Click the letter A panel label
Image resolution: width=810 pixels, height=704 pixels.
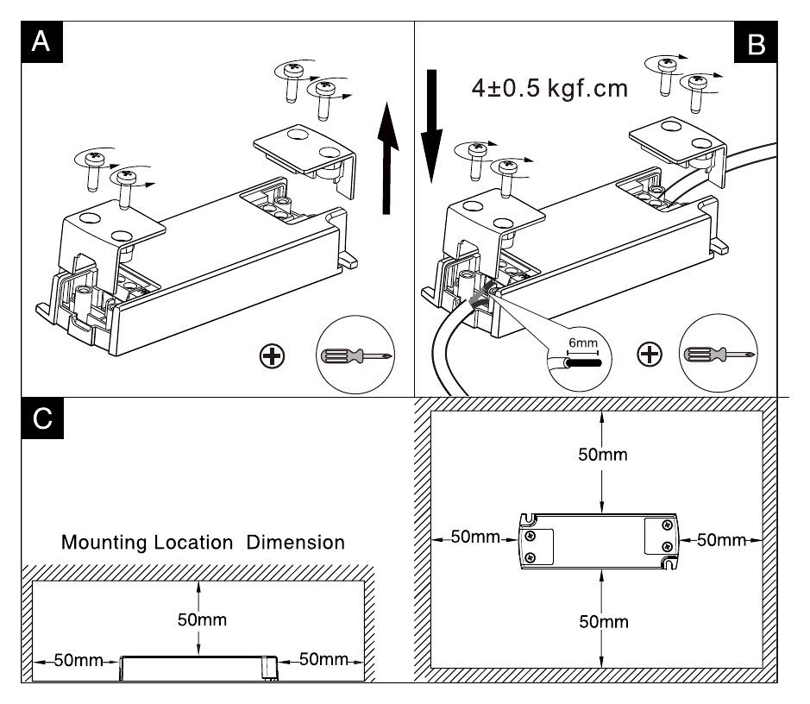(41, 41)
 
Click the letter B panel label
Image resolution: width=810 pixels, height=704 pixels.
(756, 42)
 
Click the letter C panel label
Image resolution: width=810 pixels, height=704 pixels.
(42, 418)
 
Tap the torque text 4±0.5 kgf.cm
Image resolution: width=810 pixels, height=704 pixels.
(549, 88)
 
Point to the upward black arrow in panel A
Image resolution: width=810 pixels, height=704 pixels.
(387, 158)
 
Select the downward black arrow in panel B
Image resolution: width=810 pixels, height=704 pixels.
(432, 127)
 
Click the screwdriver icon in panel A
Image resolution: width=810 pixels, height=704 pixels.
(356, 355)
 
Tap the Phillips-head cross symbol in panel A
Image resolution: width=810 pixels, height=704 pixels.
(273, 355)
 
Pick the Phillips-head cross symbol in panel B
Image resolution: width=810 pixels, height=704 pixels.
(650, 355)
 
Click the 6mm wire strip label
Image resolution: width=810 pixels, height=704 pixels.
(583, 343)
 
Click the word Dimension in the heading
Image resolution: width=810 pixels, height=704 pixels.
(296, 543)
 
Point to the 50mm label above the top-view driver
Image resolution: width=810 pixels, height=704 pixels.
(603, 455)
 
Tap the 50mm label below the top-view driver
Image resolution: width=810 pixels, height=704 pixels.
(604, 622)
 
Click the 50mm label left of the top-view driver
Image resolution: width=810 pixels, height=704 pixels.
(475, 537)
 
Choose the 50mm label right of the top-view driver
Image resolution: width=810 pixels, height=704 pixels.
(722, 540)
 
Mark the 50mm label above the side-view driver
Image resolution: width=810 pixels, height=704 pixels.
(203, 619)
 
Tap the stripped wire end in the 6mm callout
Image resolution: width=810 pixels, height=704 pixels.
(584, 363)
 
